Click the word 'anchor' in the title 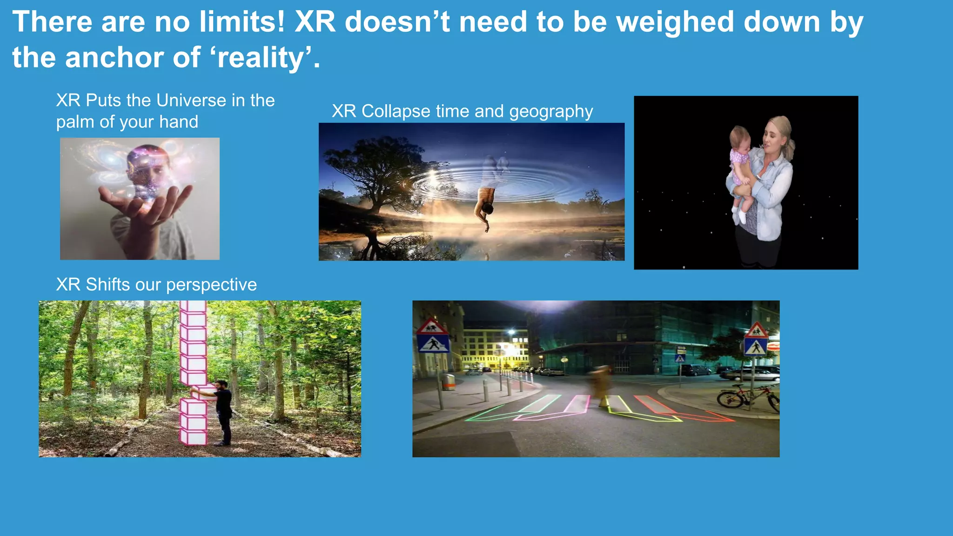click(x=114, y=58)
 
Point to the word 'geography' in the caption click(x=551, y=112)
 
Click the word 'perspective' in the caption click(x=211, y=285)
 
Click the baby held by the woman click(x=741, y=167)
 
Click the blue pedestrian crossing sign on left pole click(x=433, y=344)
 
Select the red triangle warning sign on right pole click(x=756, y=331)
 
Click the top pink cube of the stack click(x=193, y=306)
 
